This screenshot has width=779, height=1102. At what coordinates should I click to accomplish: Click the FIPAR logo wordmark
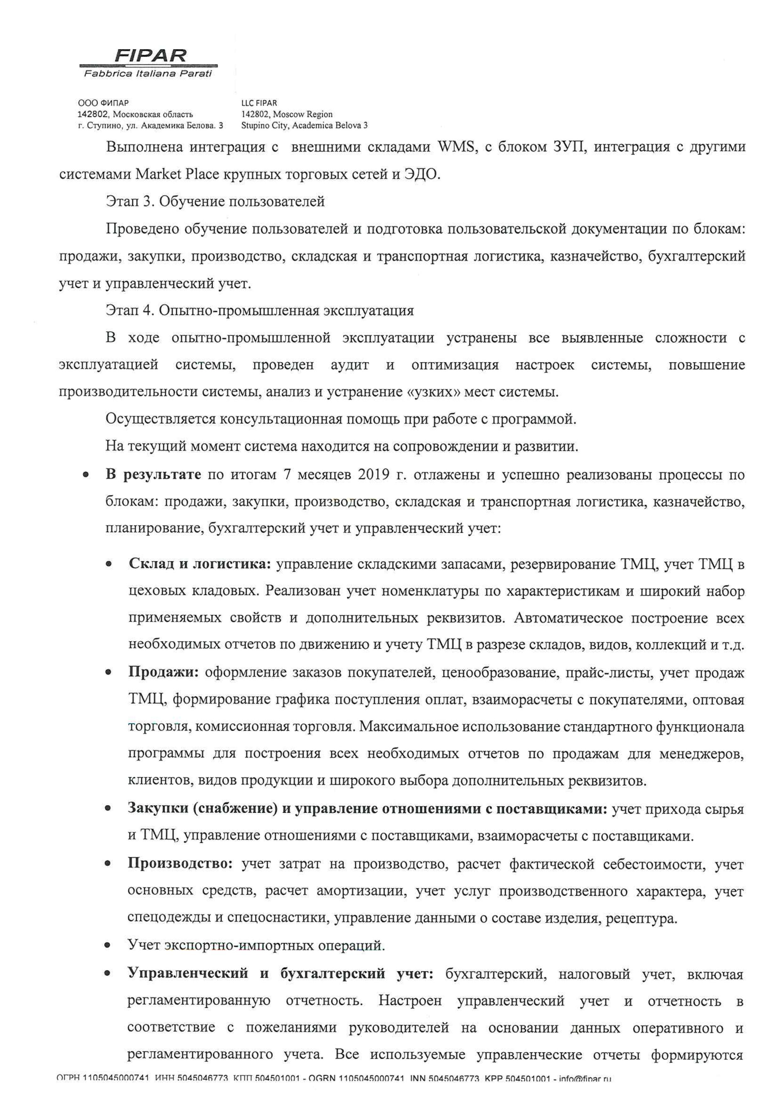pyautogui.click(x=150, y=56)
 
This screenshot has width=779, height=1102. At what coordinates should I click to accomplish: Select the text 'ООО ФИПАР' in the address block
pyautogui.click(x=103, y=103)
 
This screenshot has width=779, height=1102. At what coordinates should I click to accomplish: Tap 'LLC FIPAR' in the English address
pyautogui.click(x=259, y=103)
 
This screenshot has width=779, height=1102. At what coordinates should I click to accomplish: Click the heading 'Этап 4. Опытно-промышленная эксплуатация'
pyautogui.click(x=260, y=311)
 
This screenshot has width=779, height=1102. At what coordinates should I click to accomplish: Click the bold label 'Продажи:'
pyautogui.click(x=164, y=673)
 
